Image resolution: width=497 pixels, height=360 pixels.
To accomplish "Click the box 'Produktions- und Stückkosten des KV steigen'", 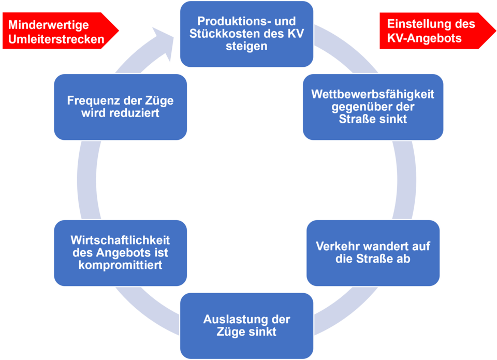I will point(246,34).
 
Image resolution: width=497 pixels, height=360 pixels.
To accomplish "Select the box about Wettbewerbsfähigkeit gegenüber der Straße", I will point(373,107).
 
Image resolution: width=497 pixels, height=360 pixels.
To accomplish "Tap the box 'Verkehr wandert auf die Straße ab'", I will point(373,252).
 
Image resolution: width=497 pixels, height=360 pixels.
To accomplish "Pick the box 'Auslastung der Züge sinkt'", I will point(246,325).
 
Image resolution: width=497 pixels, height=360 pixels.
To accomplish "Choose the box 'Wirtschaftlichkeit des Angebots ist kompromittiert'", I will point(120,252).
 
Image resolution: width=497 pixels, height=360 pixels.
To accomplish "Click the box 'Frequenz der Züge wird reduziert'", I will point(120,107).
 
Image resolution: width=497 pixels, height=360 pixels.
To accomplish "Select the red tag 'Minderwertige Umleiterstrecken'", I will point(57,32).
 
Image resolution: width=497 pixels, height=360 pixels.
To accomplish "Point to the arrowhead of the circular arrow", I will point(165,41).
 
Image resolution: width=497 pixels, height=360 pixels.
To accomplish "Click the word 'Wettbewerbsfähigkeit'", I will point(373,95).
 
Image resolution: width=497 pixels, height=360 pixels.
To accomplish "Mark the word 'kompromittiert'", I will point(120,265).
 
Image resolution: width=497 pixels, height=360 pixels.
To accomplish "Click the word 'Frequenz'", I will point(90,100).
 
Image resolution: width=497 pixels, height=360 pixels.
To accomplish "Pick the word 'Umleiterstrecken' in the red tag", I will point(56,39).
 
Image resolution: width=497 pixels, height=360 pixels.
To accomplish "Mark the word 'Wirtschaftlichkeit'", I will point(120,240).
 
